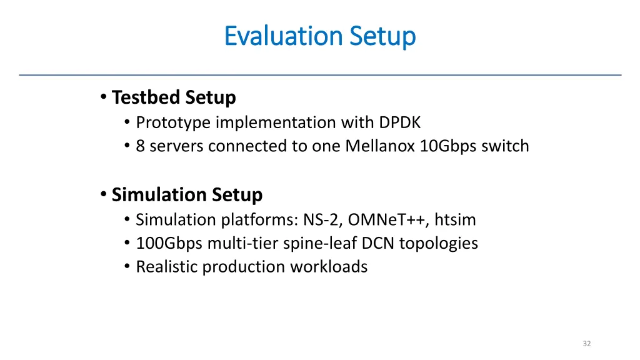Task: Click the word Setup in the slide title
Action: coord(382,36)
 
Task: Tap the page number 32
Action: coord(586,344)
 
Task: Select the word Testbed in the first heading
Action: coord(145,97)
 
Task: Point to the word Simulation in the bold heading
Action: coord(159,195)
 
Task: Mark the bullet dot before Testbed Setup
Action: coord(102,97)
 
